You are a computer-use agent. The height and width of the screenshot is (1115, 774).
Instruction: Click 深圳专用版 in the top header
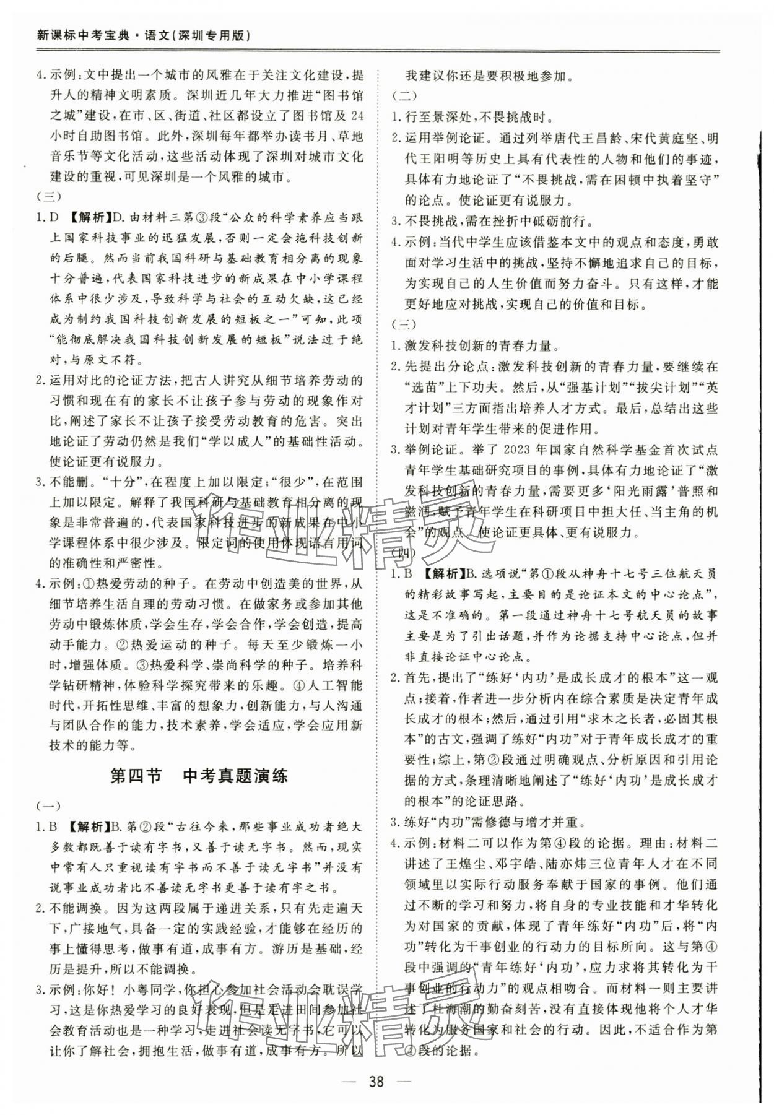click(x=214, y=35)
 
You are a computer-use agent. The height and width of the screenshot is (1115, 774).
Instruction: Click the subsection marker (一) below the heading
click(x=49, y=805)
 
